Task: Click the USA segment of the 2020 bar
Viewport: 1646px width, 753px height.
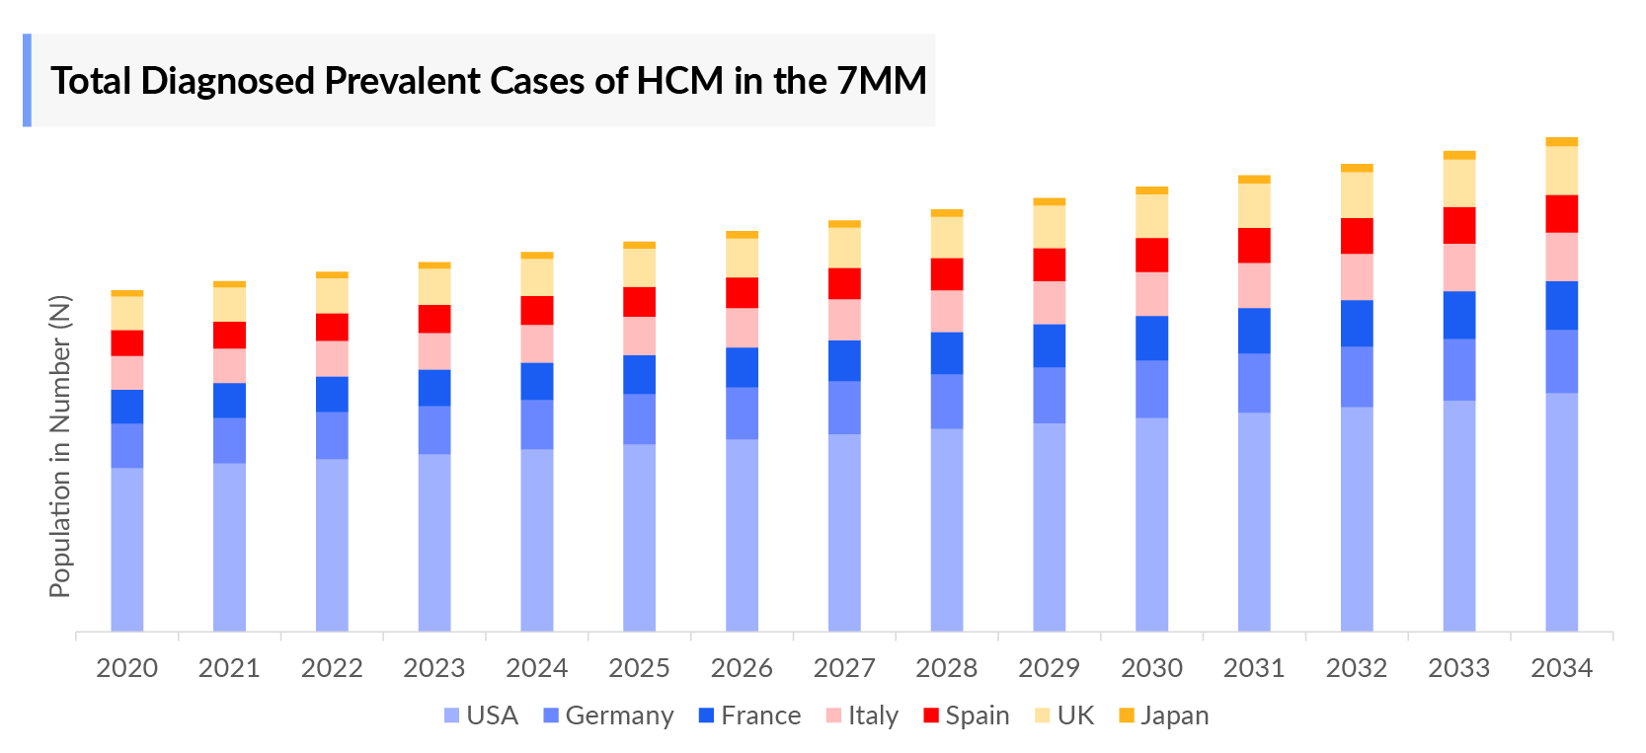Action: pyautogui.click(x=126, y=549)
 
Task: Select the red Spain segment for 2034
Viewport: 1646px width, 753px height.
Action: pyautogui.click(x=1561, y=214)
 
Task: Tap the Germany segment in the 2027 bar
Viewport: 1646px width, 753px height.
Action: pyautogui.click(x=844, y=408)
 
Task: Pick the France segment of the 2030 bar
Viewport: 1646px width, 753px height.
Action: pyautogui.click(x=1151, y=339)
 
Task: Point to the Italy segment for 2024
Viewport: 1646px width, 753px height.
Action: pyautogui.click(x=536, y=344)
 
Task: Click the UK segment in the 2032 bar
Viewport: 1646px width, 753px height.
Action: pyautogui.click(x=1357, y=195)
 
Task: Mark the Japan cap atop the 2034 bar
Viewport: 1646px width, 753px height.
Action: pyautogui.click(x=1561, y=142)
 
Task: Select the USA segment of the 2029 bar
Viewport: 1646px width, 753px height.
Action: pyautogui.click(x=1049, y=527)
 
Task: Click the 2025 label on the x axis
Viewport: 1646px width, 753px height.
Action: pyautogui.click(x=639, y=668)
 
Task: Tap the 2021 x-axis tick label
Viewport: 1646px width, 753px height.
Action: pyautogui.click(x=229, y=668)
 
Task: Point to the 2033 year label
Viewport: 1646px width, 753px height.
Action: pyautogui.click(x=1458, y=668)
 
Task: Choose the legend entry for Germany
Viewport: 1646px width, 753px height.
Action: pyautogui.click(x=608, y=715)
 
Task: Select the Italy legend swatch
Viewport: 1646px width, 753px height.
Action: pyautogui.click(x=833, y=715)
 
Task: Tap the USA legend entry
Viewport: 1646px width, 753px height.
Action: pyautogui.click(x=481, y=715)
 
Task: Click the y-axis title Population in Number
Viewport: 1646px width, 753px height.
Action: pyautogui.click(x=60, y=446)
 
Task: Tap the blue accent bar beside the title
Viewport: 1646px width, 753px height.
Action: pyautogui.click(x=28, y=80)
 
